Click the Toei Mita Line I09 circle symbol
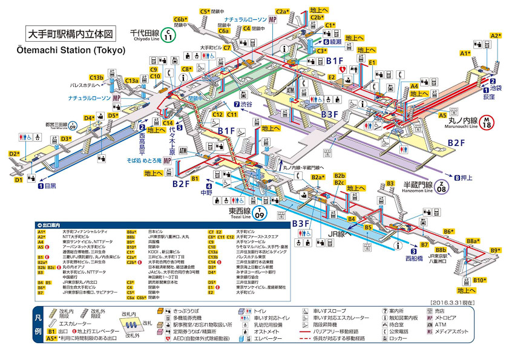tap(73, 126)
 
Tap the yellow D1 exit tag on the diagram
tap(19, 179)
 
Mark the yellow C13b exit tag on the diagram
tap(97, 77)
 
